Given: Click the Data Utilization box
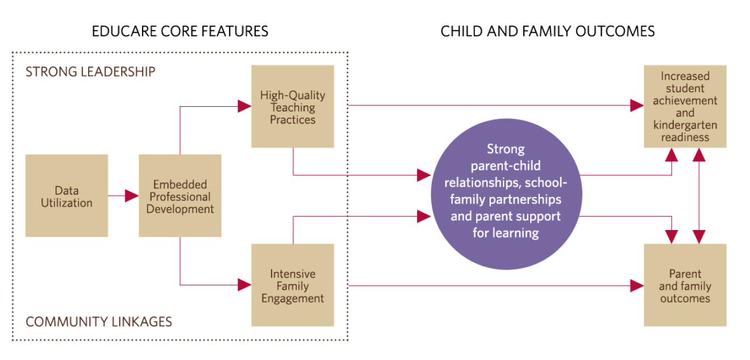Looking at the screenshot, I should [x=66, y=196].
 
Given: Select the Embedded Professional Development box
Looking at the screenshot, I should [x=180, y=196].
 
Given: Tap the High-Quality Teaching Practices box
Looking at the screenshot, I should [x=293, y=107].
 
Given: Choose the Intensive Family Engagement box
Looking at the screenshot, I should [x=293, y=286].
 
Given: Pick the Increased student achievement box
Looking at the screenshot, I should [x=685, y=107].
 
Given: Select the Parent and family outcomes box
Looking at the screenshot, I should [x=685, y=286].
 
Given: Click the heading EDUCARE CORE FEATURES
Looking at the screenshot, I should [x=180, y=31].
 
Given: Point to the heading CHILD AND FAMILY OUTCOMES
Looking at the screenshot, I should [x=548, y=31].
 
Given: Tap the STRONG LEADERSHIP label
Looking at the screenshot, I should [x=90, y=72].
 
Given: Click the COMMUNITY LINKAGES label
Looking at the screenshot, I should [x=99, y=322].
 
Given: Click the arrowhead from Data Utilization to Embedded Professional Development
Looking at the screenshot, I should [x=132, y=196].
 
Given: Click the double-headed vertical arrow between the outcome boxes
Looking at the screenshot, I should [x=699, y=196].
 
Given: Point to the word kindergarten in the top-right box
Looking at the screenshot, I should [x=685, y=125].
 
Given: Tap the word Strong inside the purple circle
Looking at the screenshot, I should [x=506, y=149].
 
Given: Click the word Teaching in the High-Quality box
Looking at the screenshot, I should [x=293, y=107].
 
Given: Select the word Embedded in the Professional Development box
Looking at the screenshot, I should [x=180, y=185].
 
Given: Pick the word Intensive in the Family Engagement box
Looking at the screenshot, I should [x=293, y=274].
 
